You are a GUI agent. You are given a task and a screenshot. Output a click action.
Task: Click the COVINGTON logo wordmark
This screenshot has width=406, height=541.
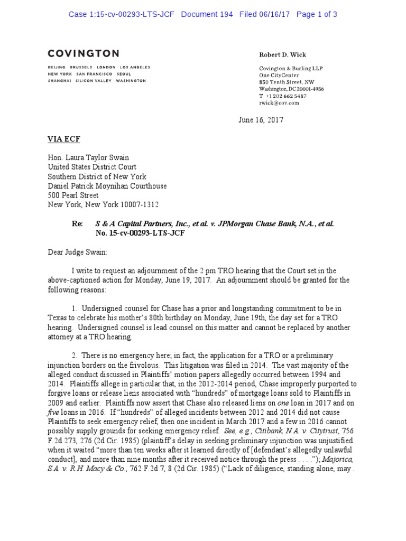(84, 53)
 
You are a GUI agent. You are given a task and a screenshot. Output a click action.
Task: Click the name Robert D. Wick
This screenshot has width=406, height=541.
(282, 55)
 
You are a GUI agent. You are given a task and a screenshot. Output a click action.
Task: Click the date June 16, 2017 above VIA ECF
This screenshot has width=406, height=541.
(261, 120)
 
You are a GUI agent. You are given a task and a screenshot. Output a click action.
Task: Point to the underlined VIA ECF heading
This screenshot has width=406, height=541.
(64, 139)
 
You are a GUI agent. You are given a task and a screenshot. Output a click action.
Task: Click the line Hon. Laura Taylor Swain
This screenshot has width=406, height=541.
(88, 157)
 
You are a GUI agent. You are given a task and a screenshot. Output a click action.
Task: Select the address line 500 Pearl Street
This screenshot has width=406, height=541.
(73, 195)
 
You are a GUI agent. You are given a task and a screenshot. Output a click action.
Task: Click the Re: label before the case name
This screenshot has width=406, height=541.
(77, 224)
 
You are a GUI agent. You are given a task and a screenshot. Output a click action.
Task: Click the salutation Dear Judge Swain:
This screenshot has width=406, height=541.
(77, 253)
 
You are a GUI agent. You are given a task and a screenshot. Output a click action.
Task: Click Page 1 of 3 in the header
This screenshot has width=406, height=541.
(317, 14)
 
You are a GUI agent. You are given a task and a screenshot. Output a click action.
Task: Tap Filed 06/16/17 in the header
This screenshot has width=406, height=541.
(265, 14)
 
